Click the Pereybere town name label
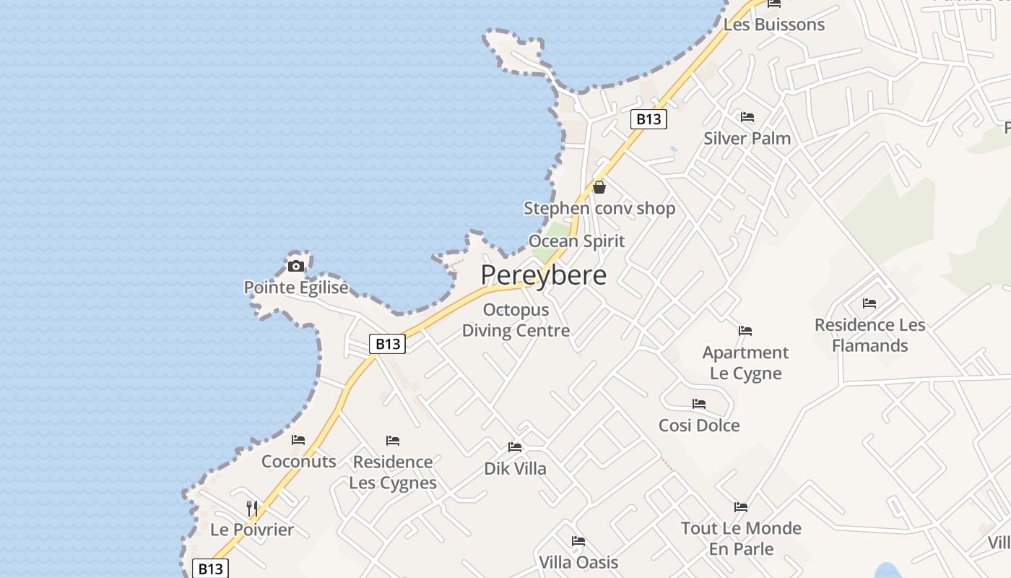click(543, 275)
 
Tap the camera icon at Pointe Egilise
click(295, 266)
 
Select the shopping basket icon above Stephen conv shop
click(599, 187)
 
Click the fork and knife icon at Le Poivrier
click(252, 508)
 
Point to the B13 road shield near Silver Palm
click(648, 119)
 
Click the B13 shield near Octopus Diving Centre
click(388, 344)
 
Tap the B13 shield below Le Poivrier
click(210, 569)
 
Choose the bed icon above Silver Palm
click(747, 117)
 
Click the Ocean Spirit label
click(576, 241)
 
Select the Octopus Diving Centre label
click(516, 320)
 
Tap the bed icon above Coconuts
click(298, 440)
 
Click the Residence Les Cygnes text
click(393, 472)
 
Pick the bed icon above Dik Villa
click(515, 447)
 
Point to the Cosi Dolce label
click(699, 426)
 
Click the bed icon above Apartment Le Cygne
click(745, 331)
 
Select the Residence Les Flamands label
click(869, 335)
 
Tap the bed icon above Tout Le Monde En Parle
click(741, 506)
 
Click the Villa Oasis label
click(578, 562)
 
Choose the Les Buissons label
click(773, 25)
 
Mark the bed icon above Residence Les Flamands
click(869, 303)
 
